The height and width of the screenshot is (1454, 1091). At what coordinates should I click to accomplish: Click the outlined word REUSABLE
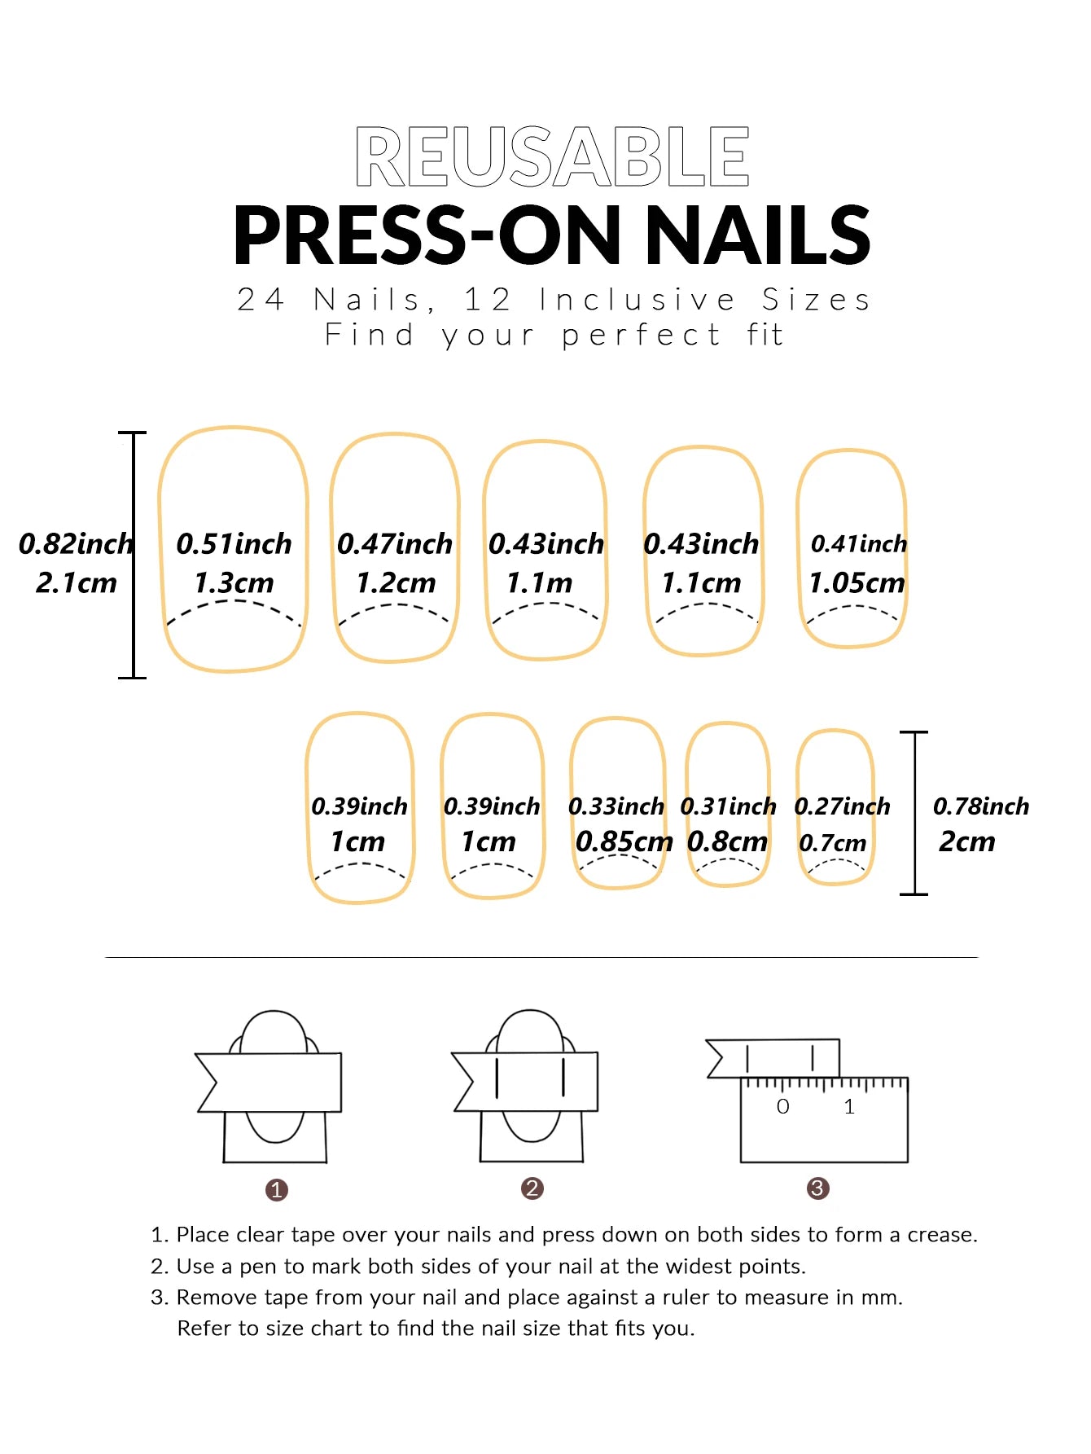pyautogui.click(x=552, y=156)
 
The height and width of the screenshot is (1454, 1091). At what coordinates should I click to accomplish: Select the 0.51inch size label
pyautogui.click(x=234, y=544)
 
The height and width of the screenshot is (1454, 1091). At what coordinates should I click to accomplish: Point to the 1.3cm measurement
pyautogui.click(x=234, y=583)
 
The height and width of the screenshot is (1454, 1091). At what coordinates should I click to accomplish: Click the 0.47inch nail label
pyautogui.click(x=394, y=544)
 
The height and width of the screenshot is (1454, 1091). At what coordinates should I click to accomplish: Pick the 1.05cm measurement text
pyautogui.click(x=857, y=583)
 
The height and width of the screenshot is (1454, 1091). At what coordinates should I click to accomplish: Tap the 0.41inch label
pyautogui.click(x=858, y=544)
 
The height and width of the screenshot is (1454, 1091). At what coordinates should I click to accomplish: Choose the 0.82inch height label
pyautogui.click(x=76, y=544)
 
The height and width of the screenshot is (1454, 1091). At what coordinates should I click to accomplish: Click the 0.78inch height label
pyautogui.click(x=980, y=806)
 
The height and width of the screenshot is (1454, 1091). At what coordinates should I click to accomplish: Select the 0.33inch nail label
pyautogui.click(x=616, y=806)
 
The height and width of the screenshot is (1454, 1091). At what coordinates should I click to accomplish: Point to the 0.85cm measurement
pyautogui.click(x=624, y=841)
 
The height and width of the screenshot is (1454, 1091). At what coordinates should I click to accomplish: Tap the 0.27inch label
pyautogui.click(x=842, y=806)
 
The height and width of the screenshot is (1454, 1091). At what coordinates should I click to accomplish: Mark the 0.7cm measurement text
pyautogui.click(x=832, y=843)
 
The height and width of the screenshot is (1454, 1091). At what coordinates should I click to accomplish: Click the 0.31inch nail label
pyautogui.click(x=728, y=806)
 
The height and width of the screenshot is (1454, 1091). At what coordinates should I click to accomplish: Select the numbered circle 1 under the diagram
pyautogui.click(x=277, y=1190)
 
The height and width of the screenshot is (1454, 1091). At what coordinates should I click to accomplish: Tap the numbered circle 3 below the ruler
pyautogui.click(x=817, y=1188)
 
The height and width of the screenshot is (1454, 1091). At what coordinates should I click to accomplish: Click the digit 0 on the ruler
pyautogui.click(x=782, y=1106)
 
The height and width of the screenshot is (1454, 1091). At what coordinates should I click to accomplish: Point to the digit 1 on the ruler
pyautogui.click(x=849, y=1106)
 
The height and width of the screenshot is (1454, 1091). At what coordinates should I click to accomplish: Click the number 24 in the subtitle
pyautogui.click(x=261, y=300)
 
